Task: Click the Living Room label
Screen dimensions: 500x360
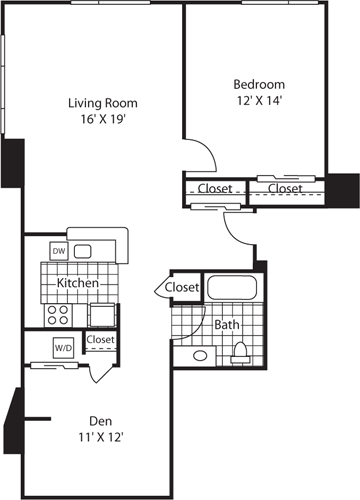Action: click(102, 103)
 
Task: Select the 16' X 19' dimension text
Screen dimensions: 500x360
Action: click(102, 119)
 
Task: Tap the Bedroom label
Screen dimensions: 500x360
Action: click(259, 84)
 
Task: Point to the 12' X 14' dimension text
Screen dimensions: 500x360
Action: click(259, 100)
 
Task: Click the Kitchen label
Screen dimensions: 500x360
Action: click(76, 284)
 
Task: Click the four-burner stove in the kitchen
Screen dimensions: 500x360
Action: click(57, 315)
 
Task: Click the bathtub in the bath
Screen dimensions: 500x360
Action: click(231, 288)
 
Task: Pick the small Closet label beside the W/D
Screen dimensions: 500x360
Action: click(100, 340)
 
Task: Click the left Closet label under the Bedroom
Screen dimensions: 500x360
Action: click(215, 188)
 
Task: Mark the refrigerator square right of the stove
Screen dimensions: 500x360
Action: click(103, 314)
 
